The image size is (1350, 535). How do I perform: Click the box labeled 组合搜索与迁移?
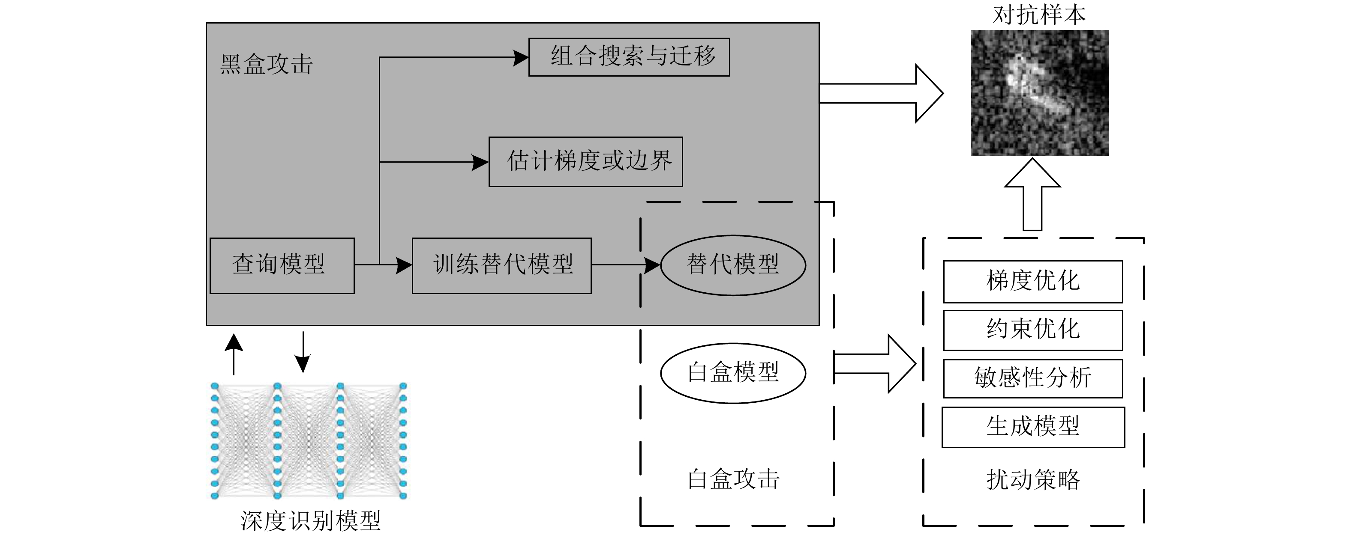[x=629, y=57]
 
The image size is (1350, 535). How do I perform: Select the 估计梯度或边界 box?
[x=585, y=162]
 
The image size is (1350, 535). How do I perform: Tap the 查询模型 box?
[x=282, y=265]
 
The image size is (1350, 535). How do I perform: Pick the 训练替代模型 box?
[x=501, y=265]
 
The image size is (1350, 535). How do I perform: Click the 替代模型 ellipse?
[x=733, y=265]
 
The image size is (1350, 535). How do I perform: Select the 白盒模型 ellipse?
[x=733, y=373]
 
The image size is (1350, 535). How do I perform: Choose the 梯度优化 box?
[x=1032, y=282]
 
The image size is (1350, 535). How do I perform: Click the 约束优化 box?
[x=1032, y=330]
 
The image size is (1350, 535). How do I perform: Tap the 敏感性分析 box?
[x=1032, y=378]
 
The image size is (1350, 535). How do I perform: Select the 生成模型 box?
[x=1032, y=427]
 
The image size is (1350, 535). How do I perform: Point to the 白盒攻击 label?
[x=733, y=479]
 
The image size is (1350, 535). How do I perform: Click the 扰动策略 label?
[x=1032, y=479]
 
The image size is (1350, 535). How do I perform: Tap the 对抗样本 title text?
[x=1039, y=14]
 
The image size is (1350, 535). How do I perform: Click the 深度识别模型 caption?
[x=310, y=521]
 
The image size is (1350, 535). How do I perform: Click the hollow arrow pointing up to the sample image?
[x=1032, y=195]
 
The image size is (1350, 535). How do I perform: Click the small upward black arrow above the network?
[x=234, y=354]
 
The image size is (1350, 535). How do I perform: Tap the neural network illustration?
[x=309, y=441]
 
